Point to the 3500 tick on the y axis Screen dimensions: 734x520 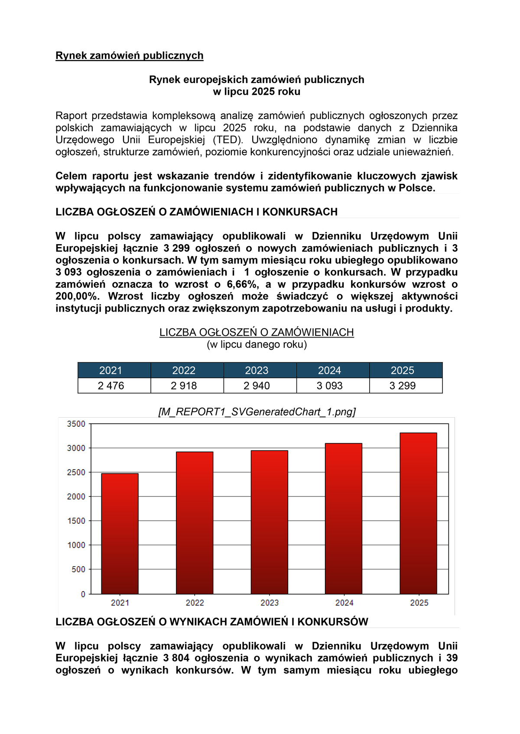(76, 424)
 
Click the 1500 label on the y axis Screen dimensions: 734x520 (76, 521)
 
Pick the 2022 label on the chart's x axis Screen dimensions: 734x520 (195, 603)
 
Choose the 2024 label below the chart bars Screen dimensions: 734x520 (344, 603)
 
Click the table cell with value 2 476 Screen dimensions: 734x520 (111, 386)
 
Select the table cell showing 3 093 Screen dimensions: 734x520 (329, 386)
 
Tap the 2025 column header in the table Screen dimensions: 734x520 (402, 370)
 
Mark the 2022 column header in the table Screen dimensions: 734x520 (184, 370)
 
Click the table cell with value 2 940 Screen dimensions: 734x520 (257, 386)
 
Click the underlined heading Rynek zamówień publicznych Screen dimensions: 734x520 (129, 55)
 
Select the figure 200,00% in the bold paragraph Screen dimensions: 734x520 (77, 296)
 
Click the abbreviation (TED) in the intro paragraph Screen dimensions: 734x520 (227, 140)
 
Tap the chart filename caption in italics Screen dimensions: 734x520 (257, 412)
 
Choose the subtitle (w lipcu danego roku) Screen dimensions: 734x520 (257, 344)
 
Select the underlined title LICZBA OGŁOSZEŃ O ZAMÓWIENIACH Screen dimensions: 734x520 (257, 332)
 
